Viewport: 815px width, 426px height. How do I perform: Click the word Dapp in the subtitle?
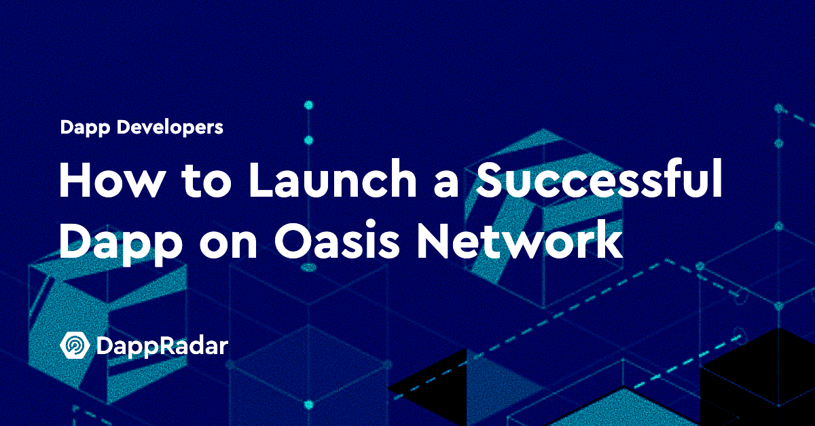coord(85,128)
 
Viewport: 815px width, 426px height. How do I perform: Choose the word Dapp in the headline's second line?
coord(121,242)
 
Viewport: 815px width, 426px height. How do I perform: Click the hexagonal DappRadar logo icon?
coord(75,345)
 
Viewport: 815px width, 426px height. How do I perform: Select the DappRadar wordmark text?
coord(162,347)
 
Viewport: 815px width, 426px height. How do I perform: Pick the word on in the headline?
coord(228,244)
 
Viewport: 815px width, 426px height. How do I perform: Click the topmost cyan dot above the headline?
coord(308,105)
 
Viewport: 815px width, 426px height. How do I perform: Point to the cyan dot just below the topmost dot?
coord(308,140)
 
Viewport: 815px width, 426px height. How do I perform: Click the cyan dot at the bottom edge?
coord(308,404)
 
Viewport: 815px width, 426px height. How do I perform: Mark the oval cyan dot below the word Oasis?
coord(309,268)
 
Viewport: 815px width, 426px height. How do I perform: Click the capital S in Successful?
coord(490,179)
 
